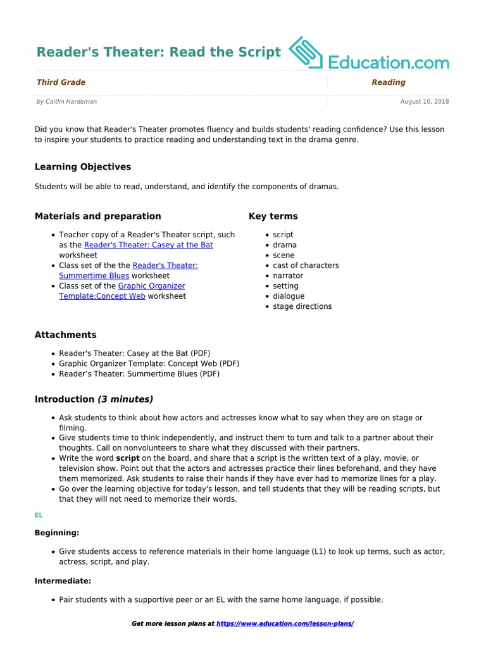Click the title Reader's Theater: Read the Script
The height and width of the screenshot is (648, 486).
(158, 53)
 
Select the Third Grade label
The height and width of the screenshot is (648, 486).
(61, 82)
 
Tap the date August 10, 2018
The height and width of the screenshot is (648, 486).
(425, 101)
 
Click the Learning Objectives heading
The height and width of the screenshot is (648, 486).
(82, 167)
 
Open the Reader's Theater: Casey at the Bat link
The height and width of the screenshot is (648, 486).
(149, 245)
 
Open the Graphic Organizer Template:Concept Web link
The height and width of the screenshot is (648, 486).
(122, 291)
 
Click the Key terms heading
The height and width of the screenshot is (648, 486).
(273, 216)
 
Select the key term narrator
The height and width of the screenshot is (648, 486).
(288, 276)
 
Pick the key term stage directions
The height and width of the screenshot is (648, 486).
(302, 306)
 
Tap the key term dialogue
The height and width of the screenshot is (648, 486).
(289, 296)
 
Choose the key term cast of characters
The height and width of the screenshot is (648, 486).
(306, 266)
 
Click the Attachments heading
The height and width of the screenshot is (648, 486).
(65, 335)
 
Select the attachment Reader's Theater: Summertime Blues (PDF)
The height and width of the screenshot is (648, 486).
(139, 374)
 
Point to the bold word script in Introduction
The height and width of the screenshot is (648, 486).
(128, 458)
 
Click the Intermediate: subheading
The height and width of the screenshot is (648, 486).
(63, 580)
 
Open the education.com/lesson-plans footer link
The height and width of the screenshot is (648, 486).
(285, 624)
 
